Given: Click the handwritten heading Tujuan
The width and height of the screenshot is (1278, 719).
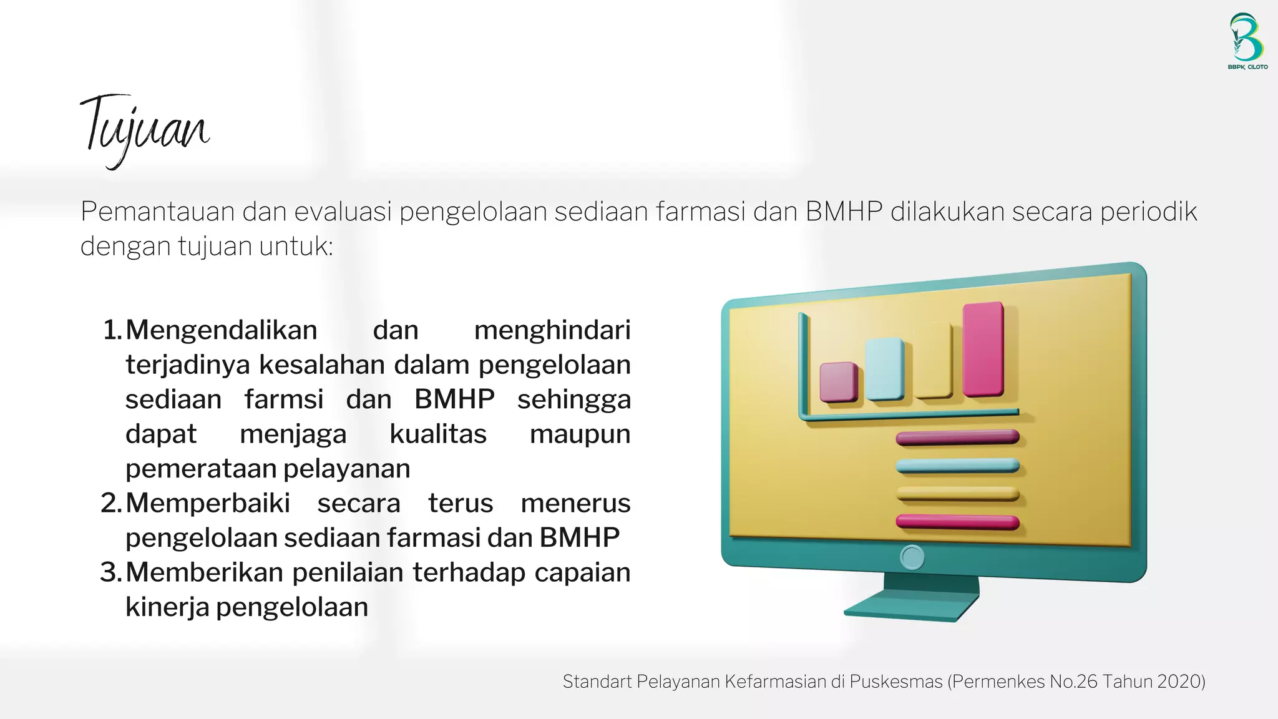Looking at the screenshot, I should point(145,128).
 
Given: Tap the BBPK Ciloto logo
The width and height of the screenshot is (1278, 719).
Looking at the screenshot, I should point(1247,41).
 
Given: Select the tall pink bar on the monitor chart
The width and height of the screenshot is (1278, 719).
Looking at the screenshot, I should point(983,349).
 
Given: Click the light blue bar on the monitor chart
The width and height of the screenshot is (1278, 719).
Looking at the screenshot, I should point(885,369).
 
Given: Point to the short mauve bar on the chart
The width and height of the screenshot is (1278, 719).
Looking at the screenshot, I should point(838,381).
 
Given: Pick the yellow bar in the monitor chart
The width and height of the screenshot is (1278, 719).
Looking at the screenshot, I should point(934,360).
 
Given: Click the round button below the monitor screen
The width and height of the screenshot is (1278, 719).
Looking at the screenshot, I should point(912,557).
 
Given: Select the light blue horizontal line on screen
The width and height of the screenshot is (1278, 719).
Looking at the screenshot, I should point(957,466).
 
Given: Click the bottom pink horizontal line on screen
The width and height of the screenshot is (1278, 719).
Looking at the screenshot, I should point(957,522).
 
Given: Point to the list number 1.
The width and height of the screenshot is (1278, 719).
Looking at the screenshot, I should point(112,330).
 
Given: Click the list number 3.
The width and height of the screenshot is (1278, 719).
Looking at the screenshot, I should point(110,572).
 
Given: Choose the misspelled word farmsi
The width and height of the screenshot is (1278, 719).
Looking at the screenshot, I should point(284,399).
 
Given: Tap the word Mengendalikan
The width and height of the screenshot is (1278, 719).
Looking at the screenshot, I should point(222,330).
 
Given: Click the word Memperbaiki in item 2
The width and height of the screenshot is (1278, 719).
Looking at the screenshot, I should point(208,503).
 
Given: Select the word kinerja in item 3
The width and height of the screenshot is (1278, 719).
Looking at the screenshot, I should point(167,607).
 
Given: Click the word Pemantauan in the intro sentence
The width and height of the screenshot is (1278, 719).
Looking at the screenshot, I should point(157,212).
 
